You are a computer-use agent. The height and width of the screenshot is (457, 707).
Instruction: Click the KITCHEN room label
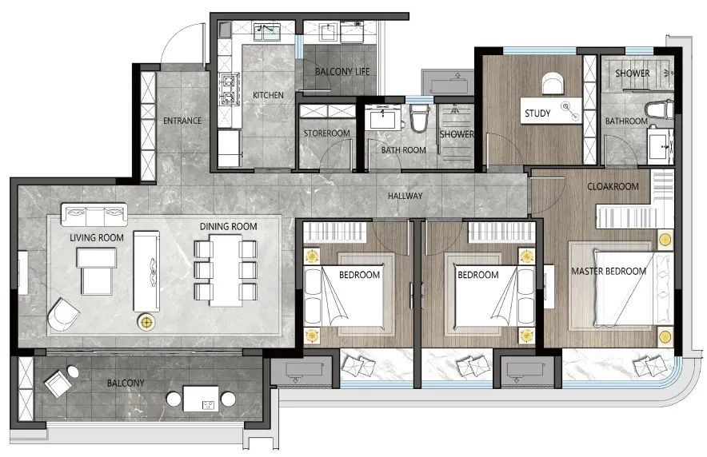pyautogui.click(x=268, y=95)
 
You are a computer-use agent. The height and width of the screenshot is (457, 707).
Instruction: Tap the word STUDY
pyautogui.click(x=537, y=113)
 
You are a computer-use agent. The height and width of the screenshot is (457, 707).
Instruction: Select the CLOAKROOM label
pyautogui.click(x=613, y=186)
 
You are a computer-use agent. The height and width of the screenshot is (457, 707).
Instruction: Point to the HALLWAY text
pyautogui.click(x=405, y=196)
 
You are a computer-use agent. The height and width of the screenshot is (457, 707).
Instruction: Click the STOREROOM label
pyautogui.click(x=326, y=133)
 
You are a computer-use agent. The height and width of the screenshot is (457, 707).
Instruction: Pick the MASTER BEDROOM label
pyautogui.click(x=609, y=271)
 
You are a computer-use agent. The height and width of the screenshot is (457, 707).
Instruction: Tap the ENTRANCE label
pyautogui.click(x=182, y=121)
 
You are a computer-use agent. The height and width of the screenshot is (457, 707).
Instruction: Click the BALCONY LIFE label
pyautogui.click(x=342, y=72)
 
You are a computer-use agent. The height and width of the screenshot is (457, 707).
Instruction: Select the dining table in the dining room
pyautogui.click(x=226, y=270)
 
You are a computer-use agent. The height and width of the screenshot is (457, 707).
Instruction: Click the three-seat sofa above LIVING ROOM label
pyautogui.click(x=94, y=214)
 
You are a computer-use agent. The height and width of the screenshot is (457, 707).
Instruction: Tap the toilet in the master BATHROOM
pyautogui.click(x=659, y=110)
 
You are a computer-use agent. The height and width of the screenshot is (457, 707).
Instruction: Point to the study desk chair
pyautogui.click(x=553, y=84)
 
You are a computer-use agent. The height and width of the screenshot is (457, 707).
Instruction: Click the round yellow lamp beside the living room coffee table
pyautogui.click(x=146, y=321)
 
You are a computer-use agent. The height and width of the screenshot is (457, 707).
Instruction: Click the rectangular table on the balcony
pyautogui.click(x=201, y=398)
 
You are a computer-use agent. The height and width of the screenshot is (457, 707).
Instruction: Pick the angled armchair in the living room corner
pyautogui.click(x=63, y=314)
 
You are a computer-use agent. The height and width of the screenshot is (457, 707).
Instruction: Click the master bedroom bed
pyautogui.click(x=633, y=288)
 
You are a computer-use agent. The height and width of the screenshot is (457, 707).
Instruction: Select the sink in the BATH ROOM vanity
pyautogui.click(x=383, y=119)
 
